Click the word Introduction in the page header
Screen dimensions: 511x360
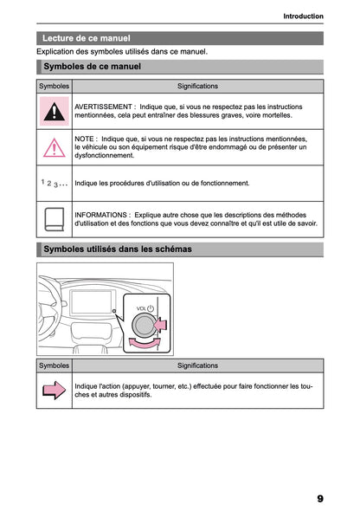click(x=303, y=16)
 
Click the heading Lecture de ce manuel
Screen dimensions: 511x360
click(x=86, y=38)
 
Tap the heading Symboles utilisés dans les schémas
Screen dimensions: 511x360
click(x=117, y=249)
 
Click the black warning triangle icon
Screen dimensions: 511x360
click(x=55, y=111)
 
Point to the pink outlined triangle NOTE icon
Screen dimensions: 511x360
click(x=55, y=147)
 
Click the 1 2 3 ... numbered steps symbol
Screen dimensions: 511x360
click(x=55, y=184)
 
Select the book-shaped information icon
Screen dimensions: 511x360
click(x=55, y=219)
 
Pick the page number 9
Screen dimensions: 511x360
click(x=319, y=498)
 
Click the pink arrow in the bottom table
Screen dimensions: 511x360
click(x=55, y=391)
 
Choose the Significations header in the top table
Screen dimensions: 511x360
click(x=197, y=87)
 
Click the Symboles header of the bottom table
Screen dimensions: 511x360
click(x=55, y=366)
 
